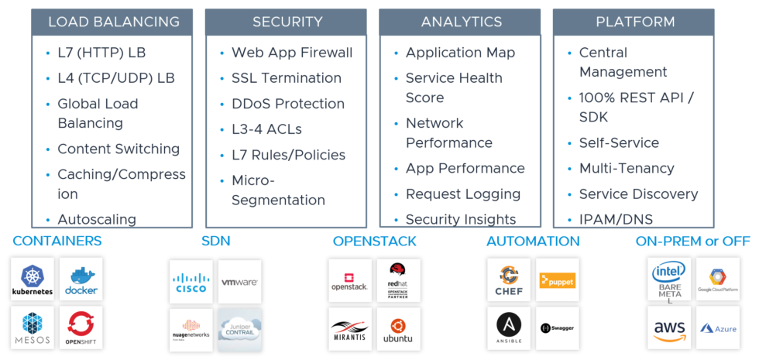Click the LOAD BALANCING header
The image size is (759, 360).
[113, 22]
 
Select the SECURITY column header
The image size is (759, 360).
[287, 22]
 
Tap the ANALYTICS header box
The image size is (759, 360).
[461, 22]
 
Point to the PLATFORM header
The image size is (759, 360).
[635, 22]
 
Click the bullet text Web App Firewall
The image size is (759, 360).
[291, 53]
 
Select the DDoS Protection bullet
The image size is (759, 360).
[287, 104]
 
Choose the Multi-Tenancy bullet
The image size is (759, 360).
[627, 168]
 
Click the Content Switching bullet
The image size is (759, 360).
[118, 149]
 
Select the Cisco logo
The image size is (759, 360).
[191, 282]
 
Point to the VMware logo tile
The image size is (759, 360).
[239, 282]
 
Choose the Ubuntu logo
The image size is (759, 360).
[398, 329]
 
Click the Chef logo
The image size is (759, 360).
[509, 281]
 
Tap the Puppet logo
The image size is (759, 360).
[557, 281]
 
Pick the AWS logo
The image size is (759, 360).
[669, 329]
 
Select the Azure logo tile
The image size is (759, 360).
[718, 329]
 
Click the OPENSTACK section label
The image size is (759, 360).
[374, 242]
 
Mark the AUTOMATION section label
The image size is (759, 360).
[533, 242]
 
